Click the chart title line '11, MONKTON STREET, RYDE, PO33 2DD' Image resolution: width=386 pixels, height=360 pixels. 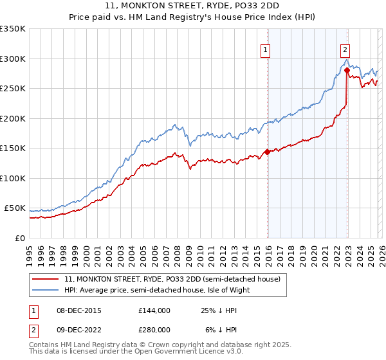point(193,6)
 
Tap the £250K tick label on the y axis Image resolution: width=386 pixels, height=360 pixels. point(13,88)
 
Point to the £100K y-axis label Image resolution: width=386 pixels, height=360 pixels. point(13,178)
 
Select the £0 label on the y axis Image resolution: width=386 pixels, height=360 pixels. point(19,238)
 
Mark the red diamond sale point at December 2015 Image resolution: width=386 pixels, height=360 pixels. point(267,152)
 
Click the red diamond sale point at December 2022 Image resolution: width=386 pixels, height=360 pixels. point(347,70)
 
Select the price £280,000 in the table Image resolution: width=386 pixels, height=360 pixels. point(155,330)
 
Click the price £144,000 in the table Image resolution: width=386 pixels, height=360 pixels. point(155,310)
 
